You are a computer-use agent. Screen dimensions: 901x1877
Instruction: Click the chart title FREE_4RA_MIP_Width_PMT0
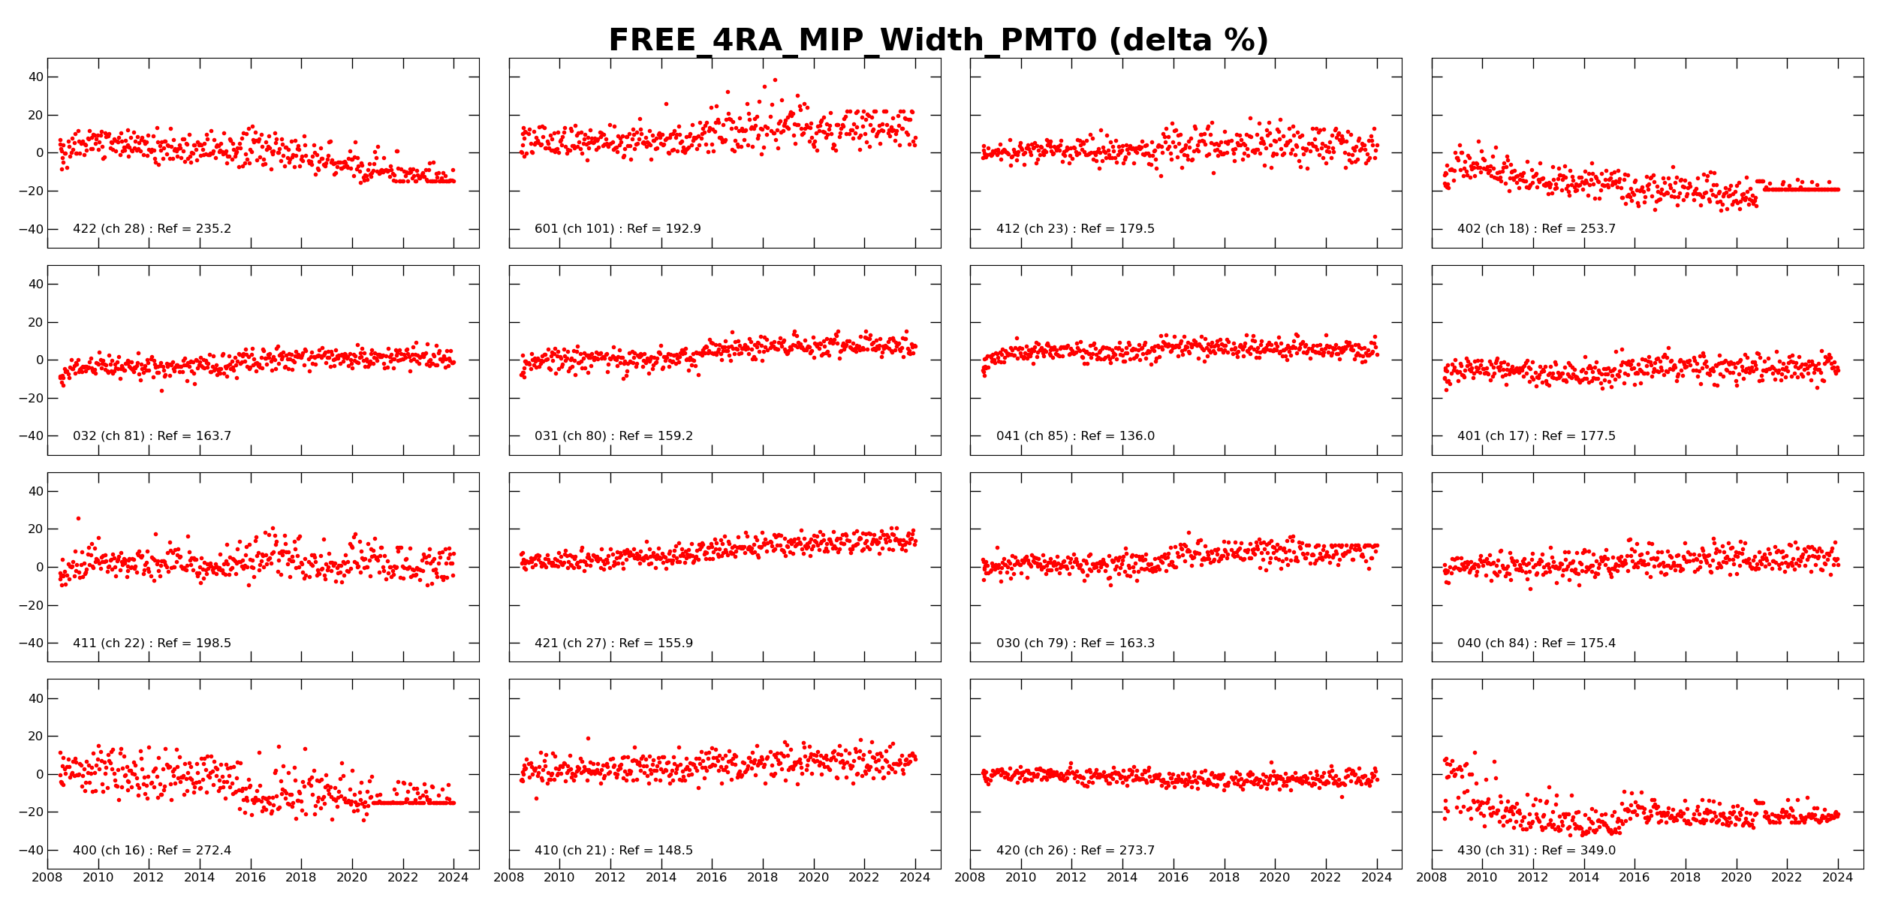938,41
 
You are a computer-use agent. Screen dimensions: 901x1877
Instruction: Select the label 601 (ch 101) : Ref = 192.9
617,229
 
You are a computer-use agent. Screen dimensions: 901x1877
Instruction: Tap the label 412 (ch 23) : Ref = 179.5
1075,229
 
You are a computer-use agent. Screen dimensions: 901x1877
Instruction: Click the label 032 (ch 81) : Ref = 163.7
152,436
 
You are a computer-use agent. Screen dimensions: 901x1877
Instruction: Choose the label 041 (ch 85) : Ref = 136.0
1075,436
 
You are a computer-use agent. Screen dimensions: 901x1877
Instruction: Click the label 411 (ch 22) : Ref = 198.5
152,643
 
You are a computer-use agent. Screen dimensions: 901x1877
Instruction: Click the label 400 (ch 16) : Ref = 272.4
152,851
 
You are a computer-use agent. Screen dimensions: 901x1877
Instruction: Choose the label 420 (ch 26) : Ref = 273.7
1075,851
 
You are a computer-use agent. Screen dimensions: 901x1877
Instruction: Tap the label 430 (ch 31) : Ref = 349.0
1536,851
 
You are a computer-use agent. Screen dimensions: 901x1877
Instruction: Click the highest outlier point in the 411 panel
78,518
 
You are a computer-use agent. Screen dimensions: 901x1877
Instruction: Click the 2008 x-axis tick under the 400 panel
47,878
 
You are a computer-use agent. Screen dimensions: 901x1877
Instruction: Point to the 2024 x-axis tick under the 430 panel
1838,878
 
